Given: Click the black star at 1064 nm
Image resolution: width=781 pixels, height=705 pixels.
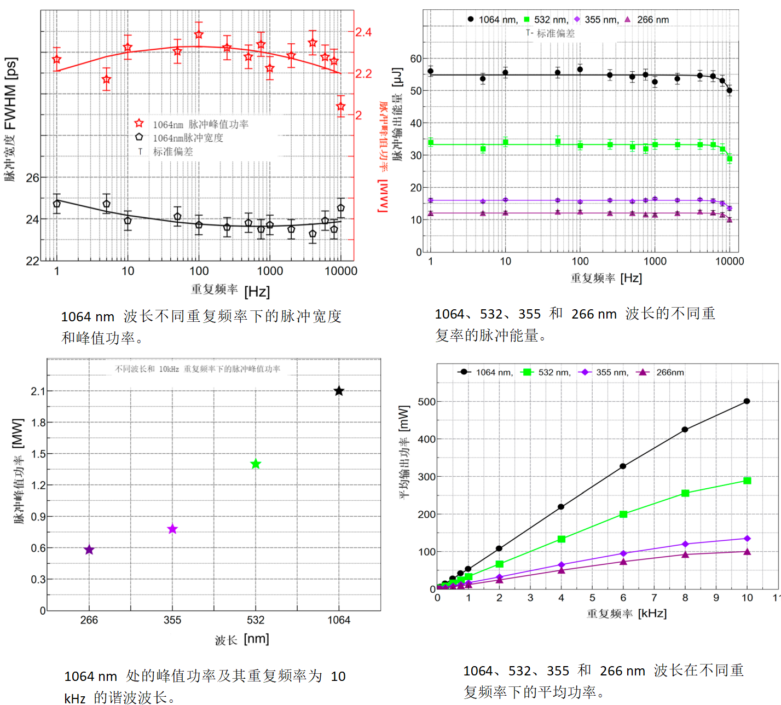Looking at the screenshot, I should [339, 391].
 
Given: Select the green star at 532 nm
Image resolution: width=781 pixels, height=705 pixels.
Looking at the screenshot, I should [256, 464].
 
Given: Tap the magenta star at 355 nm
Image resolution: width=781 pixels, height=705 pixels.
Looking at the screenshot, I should [172, 529].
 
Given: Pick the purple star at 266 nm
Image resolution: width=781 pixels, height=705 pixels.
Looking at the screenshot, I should [89, 550].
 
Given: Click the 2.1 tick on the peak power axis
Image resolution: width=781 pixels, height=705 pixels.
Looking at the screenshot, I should [38, 391].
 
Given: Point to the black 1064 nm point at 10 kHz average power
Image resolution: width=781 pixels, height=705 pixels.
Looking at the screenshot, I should [747, 401].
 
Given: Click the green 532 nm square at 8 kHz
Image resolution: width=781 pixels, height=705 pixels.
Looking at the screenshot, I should [685, 493].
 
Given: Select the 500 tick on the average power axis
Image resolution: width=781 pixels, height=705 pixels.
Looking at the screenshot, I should [426, 402].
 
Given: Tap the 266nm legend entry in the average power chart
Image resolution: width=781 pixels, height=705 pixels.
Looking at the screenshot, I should [670, 372].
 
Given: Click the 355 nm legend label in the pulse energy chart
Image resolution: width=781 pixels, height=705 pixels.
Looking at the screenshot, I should [601, 20].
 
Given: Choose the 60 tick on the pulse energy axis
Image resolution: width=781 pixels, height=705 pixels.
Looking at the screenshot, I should [416, 59].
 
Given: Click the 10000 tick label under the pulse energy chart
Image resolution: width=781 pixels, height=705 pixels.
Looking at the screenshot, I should [729, 262].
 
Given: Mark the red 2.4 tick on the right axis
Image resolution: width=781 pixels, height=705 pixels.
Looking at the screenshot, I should [363, 32].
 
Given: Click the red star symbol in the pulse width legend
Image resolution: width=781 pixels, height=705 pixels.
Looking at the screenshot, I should [139, 123].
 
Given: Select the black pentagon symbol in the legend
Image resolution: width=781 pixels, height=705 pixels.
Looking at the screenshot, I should [139, 137].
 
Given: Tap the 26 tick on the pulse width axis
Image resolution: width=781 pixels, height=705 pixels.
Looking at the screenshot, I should [33, 178].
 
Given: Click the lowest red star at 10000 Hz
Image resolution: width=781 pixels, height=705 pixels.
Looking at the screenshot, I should [340, 107].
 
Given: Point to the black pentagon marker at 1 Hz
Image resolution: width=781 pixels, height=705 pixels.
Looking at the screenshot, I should [57, 204].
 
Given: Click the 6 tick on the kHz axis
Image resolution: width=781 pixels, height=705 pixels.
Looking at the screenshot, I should [623, 598].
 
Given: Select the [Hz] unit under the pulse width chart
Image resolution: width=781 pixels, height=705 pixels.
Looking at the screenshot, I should [257, 291].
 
